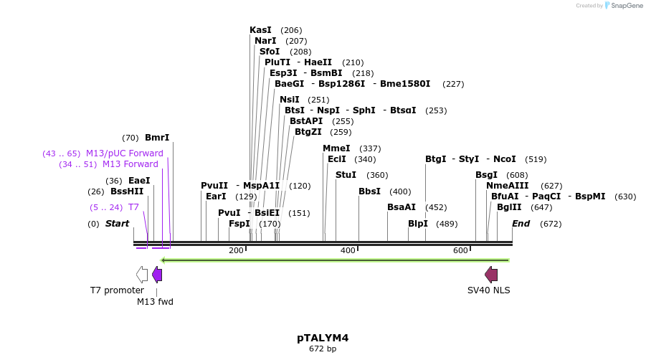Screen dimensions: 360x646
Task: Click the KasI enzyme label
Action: coord(260,30)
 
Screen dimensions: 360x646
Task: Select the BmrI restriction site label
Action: coord(157,138)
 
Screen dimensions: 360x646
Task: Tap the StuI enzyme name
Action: coord(346,175)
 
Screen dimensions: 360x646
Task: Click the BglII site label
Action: coord(509,207)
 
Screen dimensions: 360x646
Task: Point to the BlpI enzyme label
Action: coord(418,224)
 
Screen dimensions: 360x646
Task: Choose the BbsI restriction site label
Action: coord(369,191)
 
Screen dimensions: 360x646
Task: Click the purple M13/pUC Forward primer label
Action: coord(125,153)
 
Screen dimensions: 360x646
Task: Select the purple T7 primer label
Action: coord(133,207)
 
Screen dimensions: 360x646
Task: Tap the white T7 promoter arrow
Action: coord(142,274)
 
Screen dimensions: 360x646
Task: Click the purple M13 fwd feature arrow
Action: coord(157,274)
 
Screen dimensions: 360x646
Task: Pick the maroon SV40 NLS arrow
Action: coord(491,274)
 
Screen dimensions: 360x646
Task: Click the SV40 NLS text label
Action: coord(489,290)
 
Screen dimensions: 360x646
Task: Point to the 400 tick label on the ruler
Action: coord(348,250)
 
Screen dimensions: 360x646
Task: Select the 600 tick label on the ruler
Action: coord(460,250)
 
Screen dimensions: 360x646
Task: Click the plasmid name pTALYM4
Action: coord(323,337)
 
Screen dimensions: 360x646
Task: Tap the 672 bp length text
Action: coord(323,349)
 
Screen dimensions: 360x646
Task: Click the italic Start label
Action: coord(117,224)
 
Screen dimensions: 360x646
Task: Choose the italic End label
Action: coord(521,224)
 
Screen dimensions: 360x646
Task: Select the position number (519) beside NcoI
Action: coord(536,159)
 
